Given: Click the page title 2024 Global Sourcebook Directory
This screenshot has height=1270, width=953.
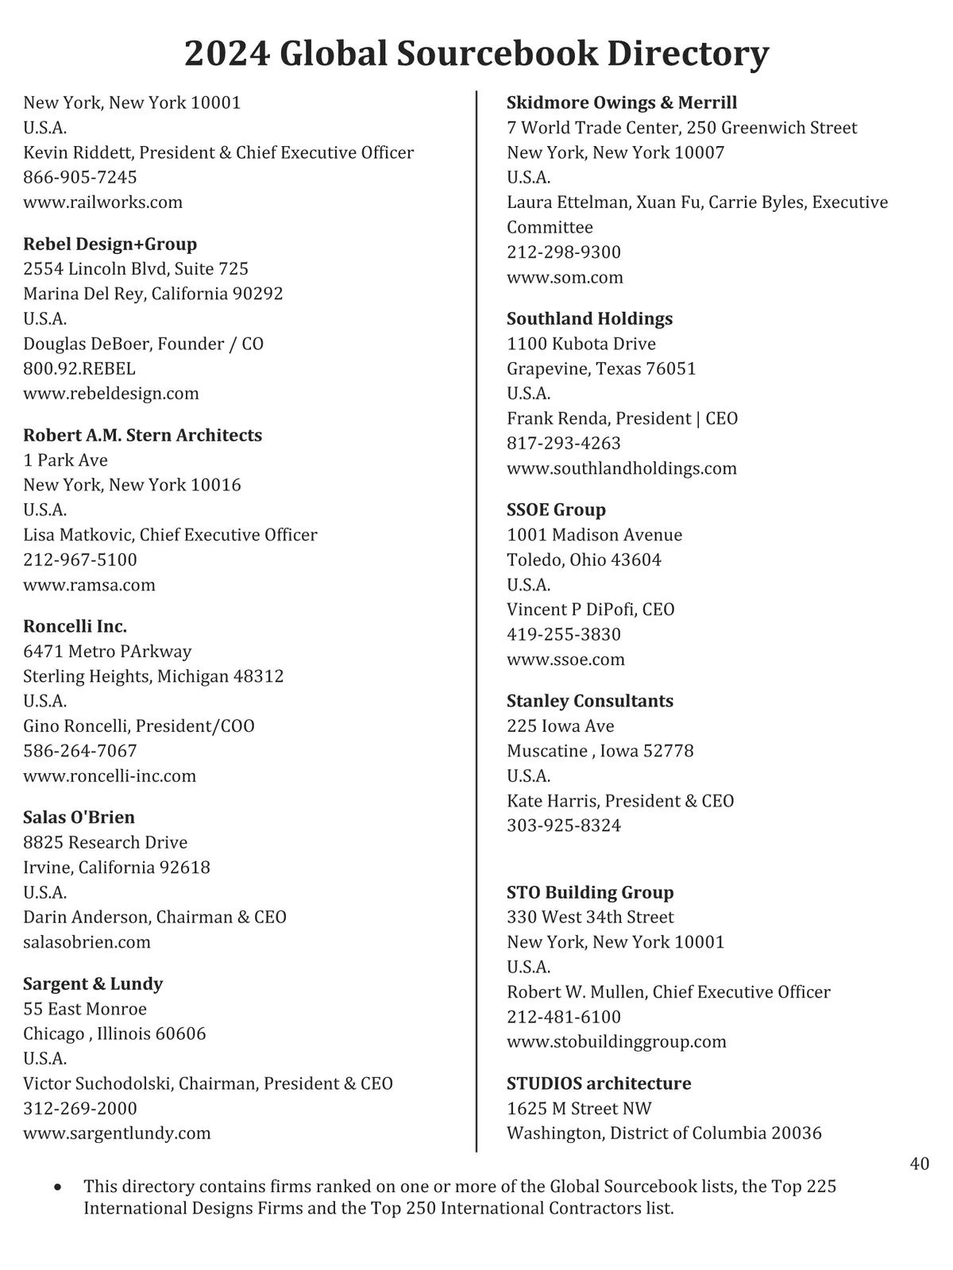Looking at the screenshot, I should (x=476, y=54).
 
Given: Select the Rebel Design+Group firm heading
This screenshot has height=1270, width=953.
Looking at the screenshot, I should (x=110, y=244).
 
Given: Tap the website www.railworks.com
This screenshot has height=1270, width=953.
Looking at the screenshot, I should (x=102, y=202).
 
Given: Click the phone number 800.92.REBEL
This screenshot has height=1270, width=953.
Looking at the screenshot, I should (x=79, y=368).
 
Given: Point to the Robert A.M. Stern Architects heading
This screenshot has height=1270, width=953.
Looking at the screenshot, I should (x=142, y=435).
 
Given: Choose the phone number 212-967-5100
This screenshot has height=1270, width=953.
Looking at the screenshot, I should (x=80, y=560).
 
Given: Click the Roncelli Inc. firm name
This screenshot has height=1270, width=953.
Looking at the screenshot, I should (x=75, y=626).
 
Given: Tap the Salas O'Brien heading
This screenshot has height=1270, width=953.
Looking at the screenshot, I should (x=79, y=817).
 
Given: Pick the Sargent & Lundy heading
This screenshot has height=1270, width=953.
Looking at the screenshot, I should (x=93, y=983).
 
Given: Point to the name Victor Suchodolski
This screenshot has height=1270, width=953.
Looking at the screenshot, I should (x=98, y=1083).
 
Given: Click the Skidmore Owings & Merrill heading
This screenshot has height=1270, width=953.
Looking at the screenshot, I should (x=622, y=102).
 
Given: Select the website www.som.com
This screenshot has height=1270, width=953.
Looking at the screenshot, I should (x=565, y=277).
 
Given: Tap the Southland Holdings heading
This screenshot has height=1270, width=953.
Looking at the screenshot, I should (x=589, y=318).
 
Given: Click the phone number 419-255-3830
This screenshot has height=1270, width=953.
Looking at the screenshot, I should (x=564, y=634).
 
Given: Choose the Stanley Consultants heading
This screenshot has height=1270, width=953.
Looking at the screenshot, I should (x=590, y=701).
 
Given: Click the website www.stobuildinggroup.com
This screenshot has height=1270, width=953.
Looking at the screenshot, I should (x=616, y=1041).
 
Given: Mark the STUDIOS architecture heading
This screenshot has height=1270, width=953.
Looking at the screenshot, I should (x=599, y=1083).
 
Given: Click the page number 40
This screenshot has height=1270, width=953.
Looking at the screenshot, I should (x=919, y=1164).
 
